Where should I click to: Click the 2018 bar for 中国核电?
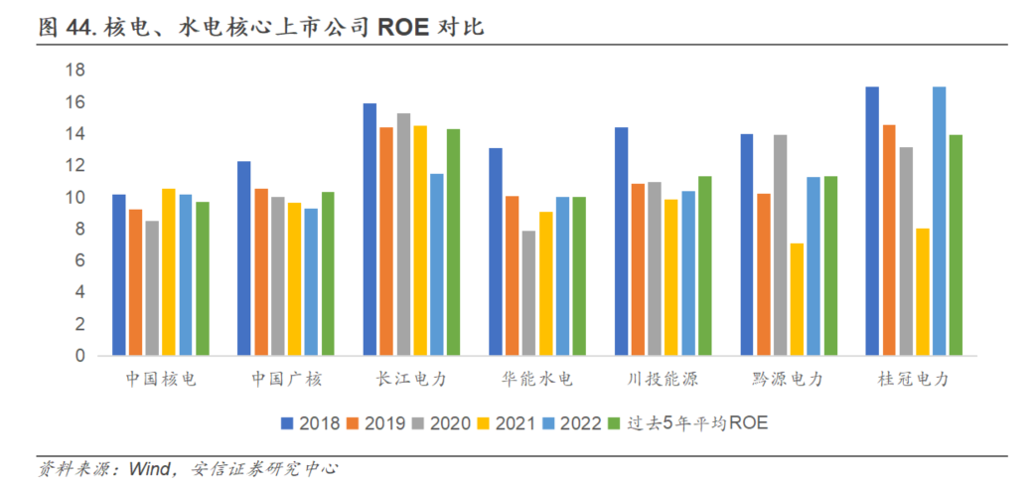point(119,275)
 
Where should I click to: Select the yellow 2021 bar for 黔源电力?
point(797,300)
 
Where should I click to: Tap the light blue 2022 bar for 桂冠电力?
point(939,222)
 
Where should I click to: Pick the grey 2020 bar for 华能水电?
point(528,293)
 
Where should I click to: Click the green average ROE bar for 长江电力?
point(454,243)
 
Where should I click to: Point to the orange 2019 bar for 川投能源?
point(638,270)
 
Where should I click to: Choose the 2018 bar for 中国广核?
point(244,258)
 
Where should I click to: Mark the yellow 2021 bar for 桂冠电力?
point(922,292)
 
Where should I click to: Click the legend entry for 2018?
point(310,423)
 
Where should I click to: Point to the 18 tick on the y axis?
point(75,70)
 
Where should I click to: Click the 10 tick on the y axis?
point(75,198)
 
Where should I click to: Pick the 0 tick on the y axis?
point(80,356)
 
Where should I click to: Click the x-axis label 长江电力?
point(411,380)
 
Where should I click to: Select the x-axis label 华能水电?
point(536,380)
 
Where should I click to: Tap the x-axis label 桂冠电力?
point(914,380)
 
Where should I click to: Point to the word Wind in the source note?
point(149,469)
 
